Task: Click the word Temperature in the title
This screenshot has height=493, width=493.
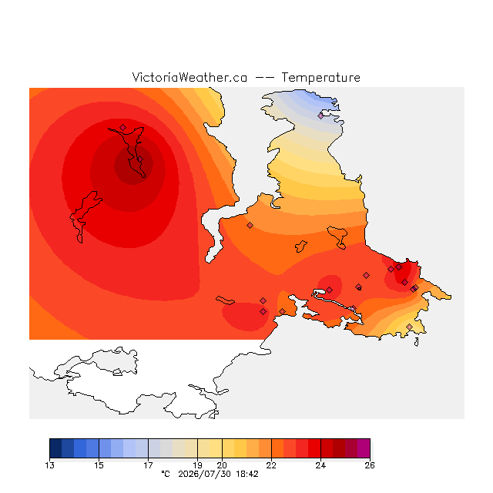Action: pyautogui.click(x=320, y=77)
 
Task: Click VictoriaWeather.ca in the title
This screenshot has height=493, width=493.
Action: pyautogui.click(x=189, y=77)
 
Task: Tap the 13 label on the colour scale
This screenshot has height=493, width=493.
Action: pyautogui.click(x=49, y=465)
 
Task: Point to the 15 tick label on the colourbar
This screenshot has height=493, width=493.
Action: pyautogui.click(x=99, y=465)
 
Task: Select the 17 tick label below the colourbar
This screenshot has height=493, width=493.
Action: pyautogui.click(x=148, y=465)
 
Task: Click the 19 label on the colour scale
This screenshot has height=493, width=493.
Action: pyautogui.click(x=197, y=465)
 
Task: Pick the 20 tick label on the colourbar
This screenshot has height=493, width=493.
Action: pyautogui.click(x=222, y=465)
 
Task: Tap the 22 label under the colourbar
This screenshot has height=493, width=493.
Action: pyautogui.click(x=271, y=465)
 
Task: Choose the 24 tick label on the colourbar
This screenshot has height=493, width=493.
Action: pyautogui.click(x=320, y=465)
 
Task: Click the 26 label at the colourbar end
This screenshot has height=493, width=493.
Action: pyautogui.click(x=370, y=465)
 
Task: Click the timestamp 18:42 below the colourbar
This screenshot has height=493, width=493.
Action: pyautogui.click(x=247, y=475)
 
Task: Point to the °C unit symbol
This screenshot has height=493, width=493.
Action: pyautogui.click(x=166, y=474)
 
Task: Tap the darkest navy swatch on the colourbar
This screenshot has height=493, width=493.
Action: pyautogui.click(x=55, y=448)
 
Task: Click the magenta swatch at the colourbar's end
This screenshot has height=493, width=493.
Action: pyautogui.click(x=364, y=448)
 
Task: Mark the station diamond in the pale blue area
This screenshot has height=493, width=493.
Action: pyautogui.click(x=320, y=116)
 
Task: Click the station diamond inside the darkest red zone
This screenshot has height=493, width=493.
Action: pyautogui.click(x=140, y=159)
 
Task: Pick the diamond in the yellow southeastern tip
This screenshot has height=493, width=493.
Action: pyautogui.click(x=409, y=327)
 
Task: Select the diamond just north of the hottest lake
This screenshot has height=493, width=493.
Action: pyautogui.click(x=123, y=127)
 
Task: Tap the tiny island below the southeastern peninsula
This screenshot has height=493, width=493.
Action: pyautogui.click(x=417, y=342)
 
